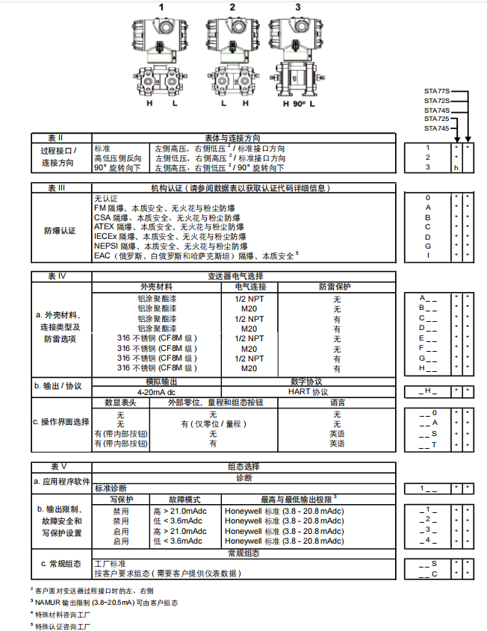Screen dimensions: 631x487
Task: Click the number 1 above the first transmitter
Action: click(161, 7)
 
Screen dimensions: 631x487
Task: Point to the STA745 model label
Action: click(437, 128)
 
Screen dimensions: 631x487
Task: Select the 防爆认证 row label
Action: click(61, 231)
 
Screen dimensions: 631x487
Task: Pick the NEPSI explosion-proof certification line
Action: click(170, 246)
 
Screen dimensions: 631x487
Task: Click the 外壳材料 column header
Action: click(156, 286)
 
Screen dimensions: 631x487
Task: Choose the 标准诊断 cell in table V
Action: click(110, 488)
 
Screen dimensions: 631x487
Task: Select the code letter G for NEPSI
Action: click(427, 246)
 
